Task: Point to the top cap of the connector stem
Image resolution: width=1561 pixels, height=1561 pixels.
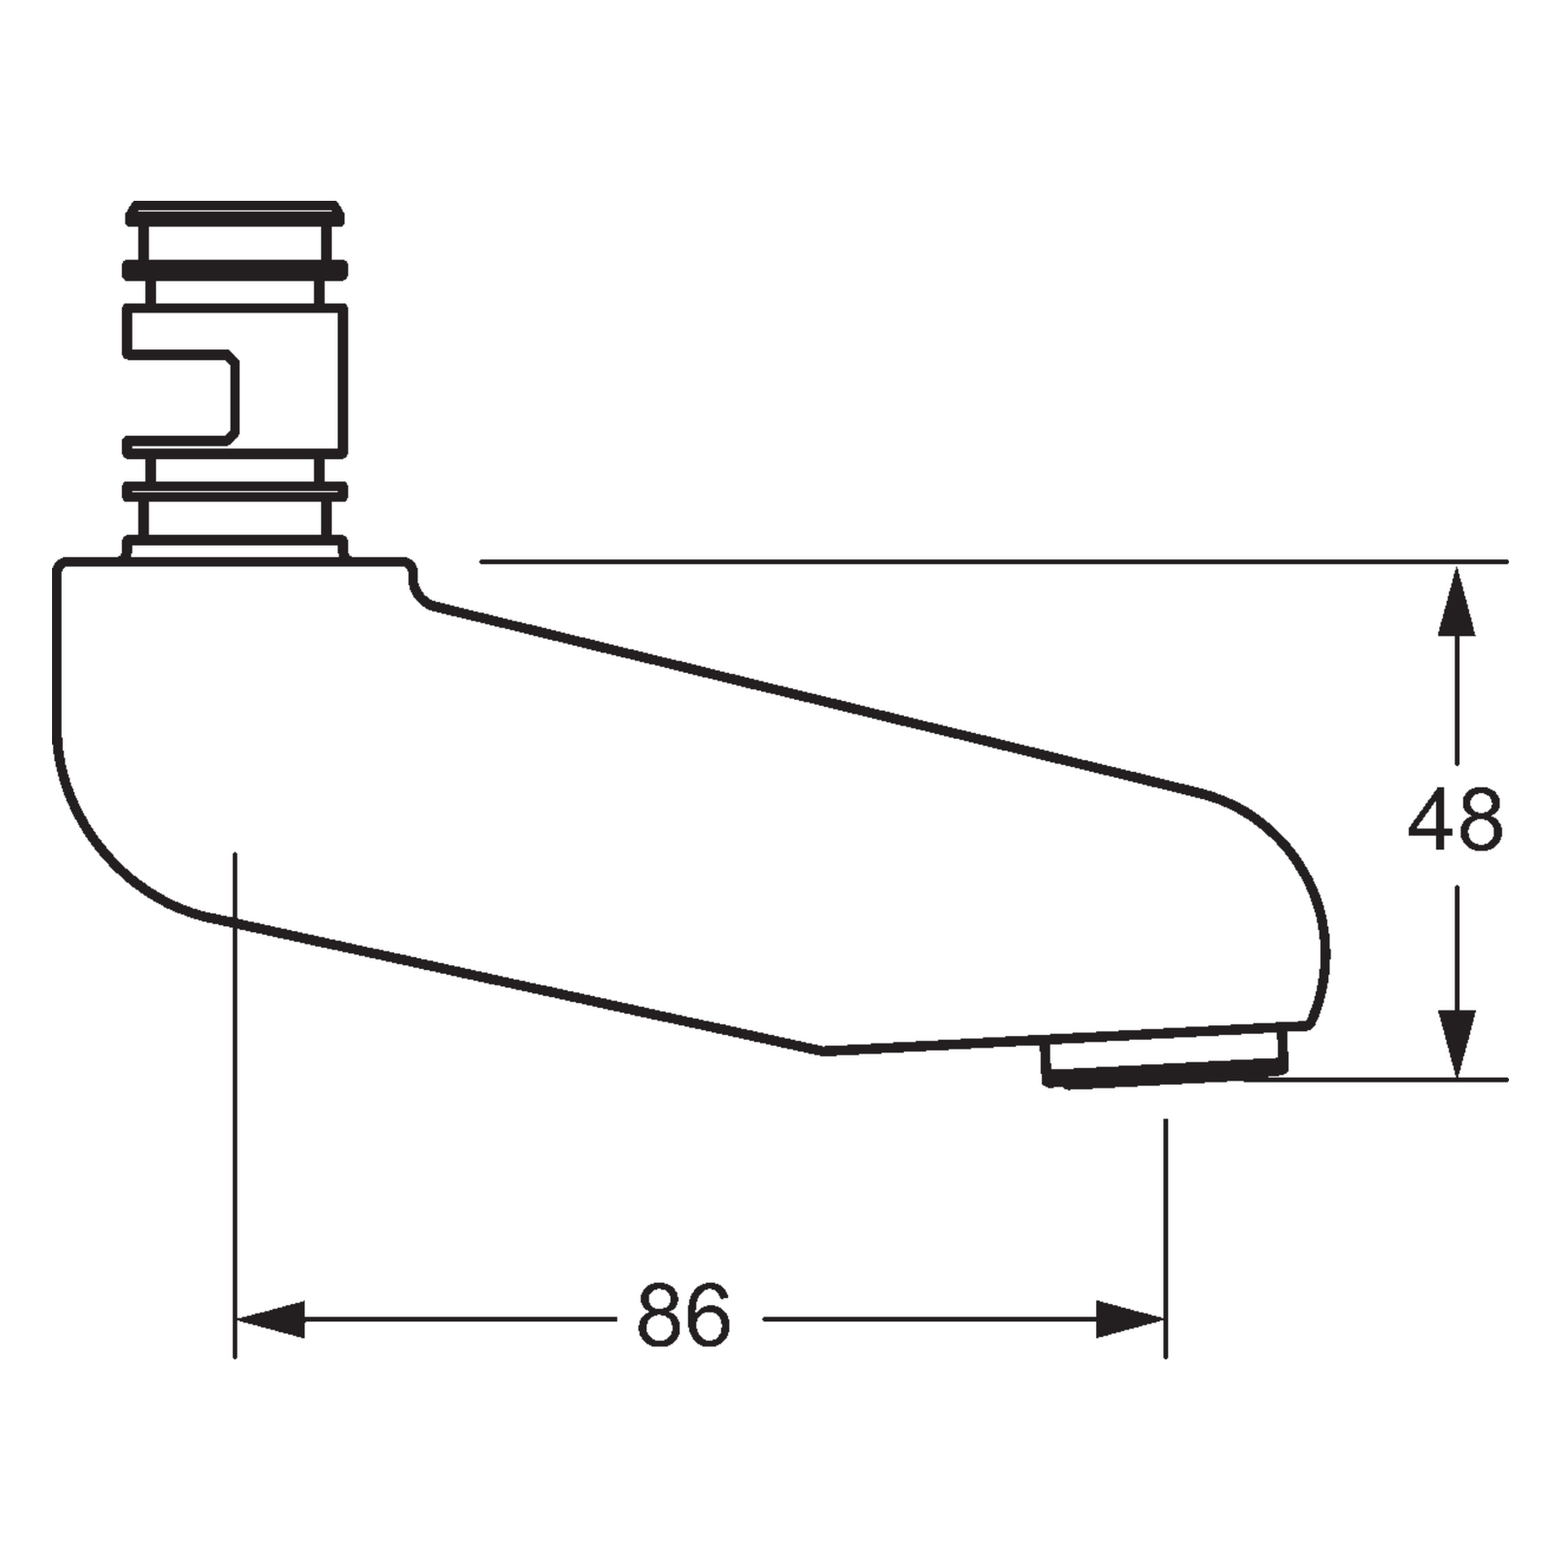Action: tap(234, 213)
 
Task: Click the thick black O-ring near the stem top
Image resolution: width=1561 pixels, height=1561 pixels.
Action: tap(234, 269)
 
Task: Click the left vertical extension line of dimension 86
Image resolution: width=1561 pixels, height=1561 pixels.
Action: tap(234, 1138)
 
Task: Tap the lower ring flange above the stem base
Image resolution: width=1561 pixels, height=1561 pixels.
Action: tap(234, 491)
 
